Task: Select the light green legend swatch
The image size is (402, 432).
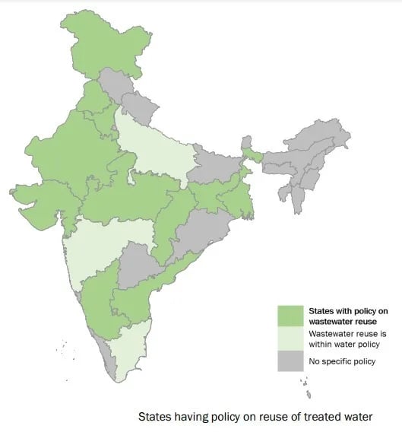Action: coord(290,337)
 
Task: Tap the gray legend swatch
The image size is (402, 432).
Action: coord(290,360)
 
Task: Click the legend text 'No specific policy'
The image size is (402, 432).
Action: coord(341,361)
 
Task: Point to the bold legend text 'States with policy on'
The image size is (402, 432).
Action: coord(347,311)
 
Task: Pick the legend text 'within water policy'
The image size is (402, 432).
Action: coord(343,342)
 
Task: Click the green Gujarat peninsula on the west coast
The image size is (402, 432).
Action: coord(38,205)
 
